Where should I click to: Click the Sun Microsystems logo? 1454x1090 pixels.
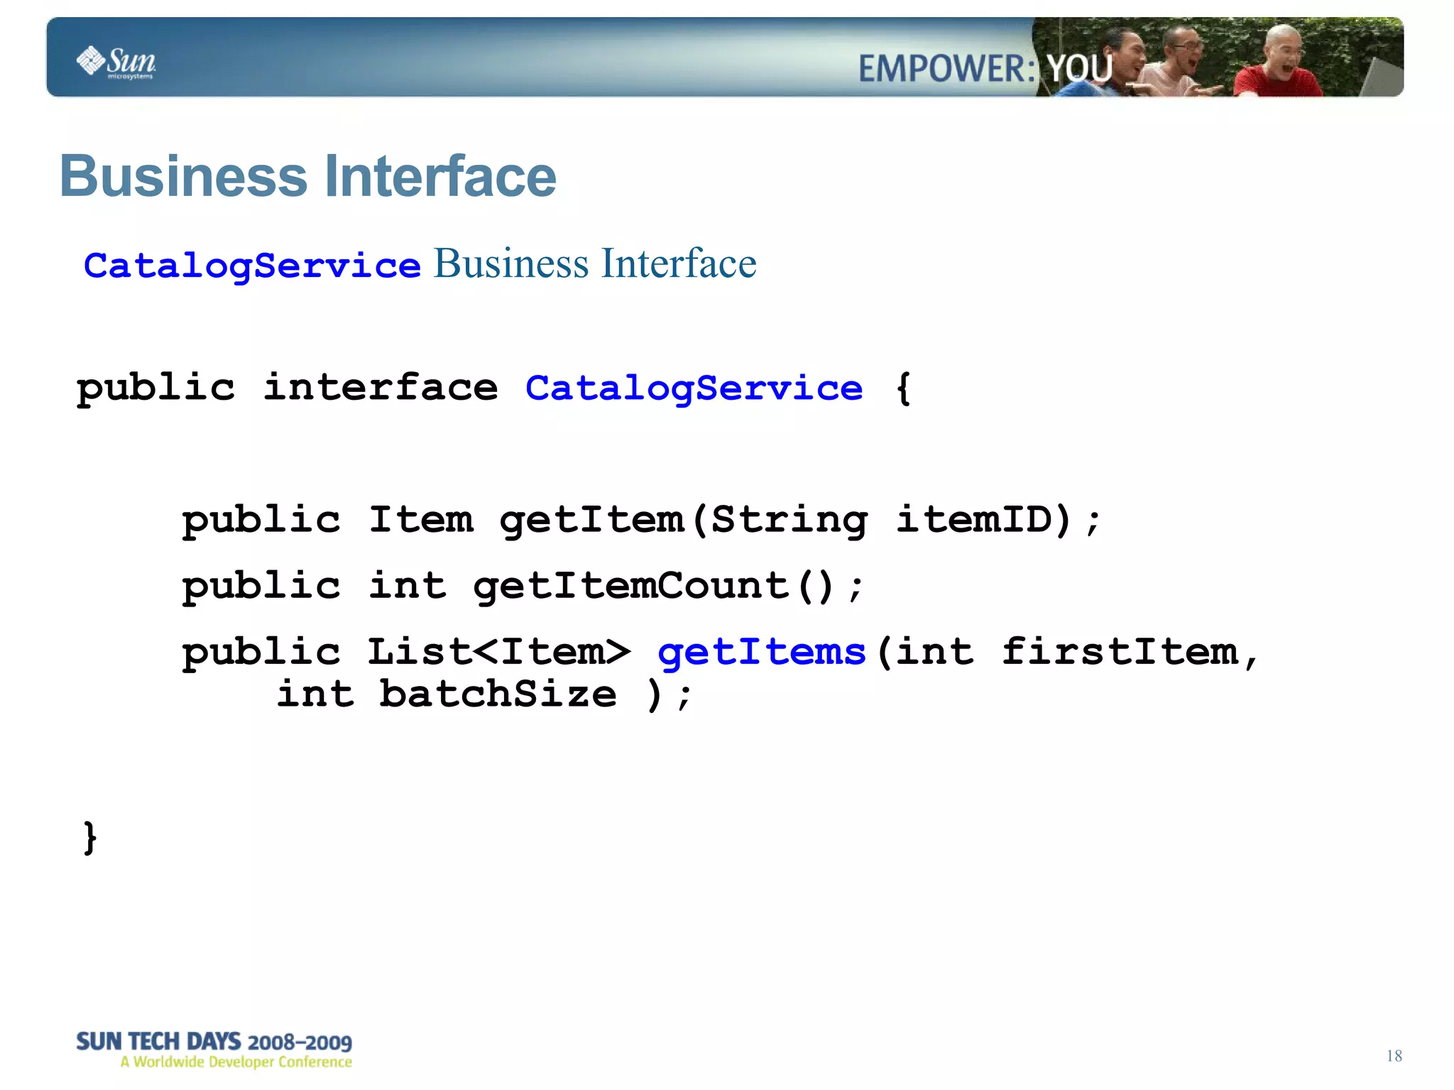coord(116,62)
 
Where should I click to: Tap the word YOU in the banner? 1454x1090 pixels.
coord(1080,69)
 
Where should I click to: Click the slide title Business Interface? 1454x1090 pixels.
coord(307,176)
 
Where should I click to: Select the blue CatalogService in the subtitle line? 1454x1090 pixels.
coord(252,266)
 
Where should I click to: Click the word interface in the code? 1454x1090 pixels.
coord(381,388)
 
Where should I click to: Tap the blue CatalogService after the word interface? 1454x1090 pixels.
coord(694,388)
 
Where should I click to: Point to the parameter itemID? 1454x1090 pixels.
coord(983,520)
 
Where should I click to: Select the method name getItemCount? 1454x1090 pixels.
coord(631,586)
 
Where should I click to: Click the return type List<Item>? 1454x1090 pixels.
coord(498,652)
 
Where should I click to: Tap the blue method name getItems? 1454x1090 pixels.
coord(762,652)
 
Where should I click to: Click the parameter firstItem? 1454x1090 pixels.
coord(1120,652)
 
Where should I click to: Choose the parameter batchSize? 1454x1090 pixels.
coord(497,694)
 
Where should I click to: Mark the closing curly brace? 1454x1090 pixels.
coord(90,837)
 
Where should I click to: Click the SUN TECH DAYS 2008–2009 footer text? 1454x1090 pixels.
coord(214,1042)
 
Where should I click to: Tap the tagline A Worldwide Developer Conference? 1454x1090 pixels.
coord(236,1062)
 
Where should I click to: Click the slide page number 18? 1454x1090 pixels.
coord(1394,1056)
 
